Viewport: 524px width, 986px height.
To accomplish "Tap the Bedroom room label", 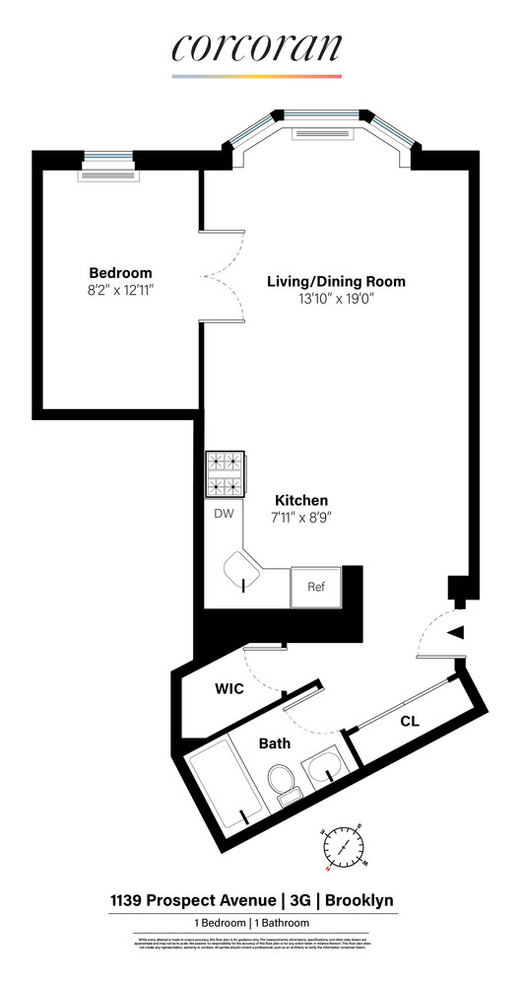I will pos(120,273).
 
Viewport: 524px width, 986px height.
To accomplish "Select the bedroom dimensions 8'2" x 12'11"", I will pos(120,291).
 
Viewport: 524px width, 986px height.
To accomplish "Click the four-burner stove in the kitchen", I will pos(226,474).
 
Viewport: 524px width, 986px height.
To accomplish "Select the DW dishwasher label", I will pos(224,514).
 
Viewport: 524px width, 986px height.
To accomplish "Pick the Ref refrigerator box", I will pos(316,587).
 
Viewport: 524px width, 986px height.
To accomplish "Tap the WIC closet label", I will pos(229,689).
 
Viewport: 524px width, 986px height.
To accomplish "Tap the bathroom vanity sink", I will pos(323,767).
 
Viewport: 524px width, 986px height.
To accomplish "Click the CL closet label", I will pos(410,722).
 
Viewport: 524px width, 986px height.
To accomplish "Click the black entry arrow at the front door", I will pos(456,634).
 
